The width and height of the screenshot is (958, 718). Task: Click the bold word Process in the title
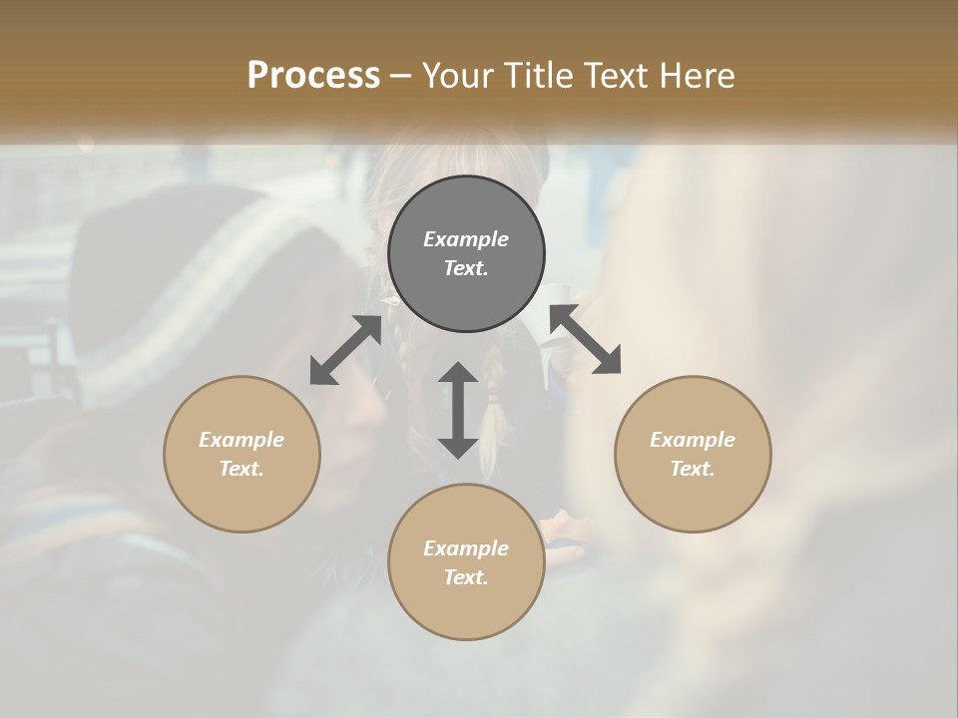click(313, 75)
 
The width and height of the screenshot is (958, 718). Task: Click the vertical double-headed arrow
click(458, 411)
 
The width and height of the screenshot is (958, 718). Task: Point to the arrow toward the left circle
click(345, 350)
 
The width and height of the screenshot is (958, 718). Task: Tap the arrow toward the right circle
click(585, 340)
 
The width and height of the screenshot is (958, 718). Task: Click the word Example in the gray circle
click(466, 239)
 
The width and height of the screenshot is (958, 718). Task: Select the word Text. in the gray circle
click(466, 268)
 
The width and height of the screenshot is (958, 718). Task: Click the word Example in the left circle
click(241, 440)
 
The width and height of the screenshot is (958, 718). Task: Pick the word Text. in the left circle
click(241, 469)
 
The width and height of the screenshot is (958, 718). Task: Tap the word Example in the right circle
click(693, 440)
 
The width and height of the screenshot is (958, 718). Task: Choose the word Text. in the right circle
click(693, 469)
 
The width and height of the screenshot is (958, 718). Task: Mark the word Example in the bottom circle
click(466, 548)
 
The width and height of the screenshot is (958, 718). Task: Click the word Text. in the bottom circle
click(466, 577)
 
